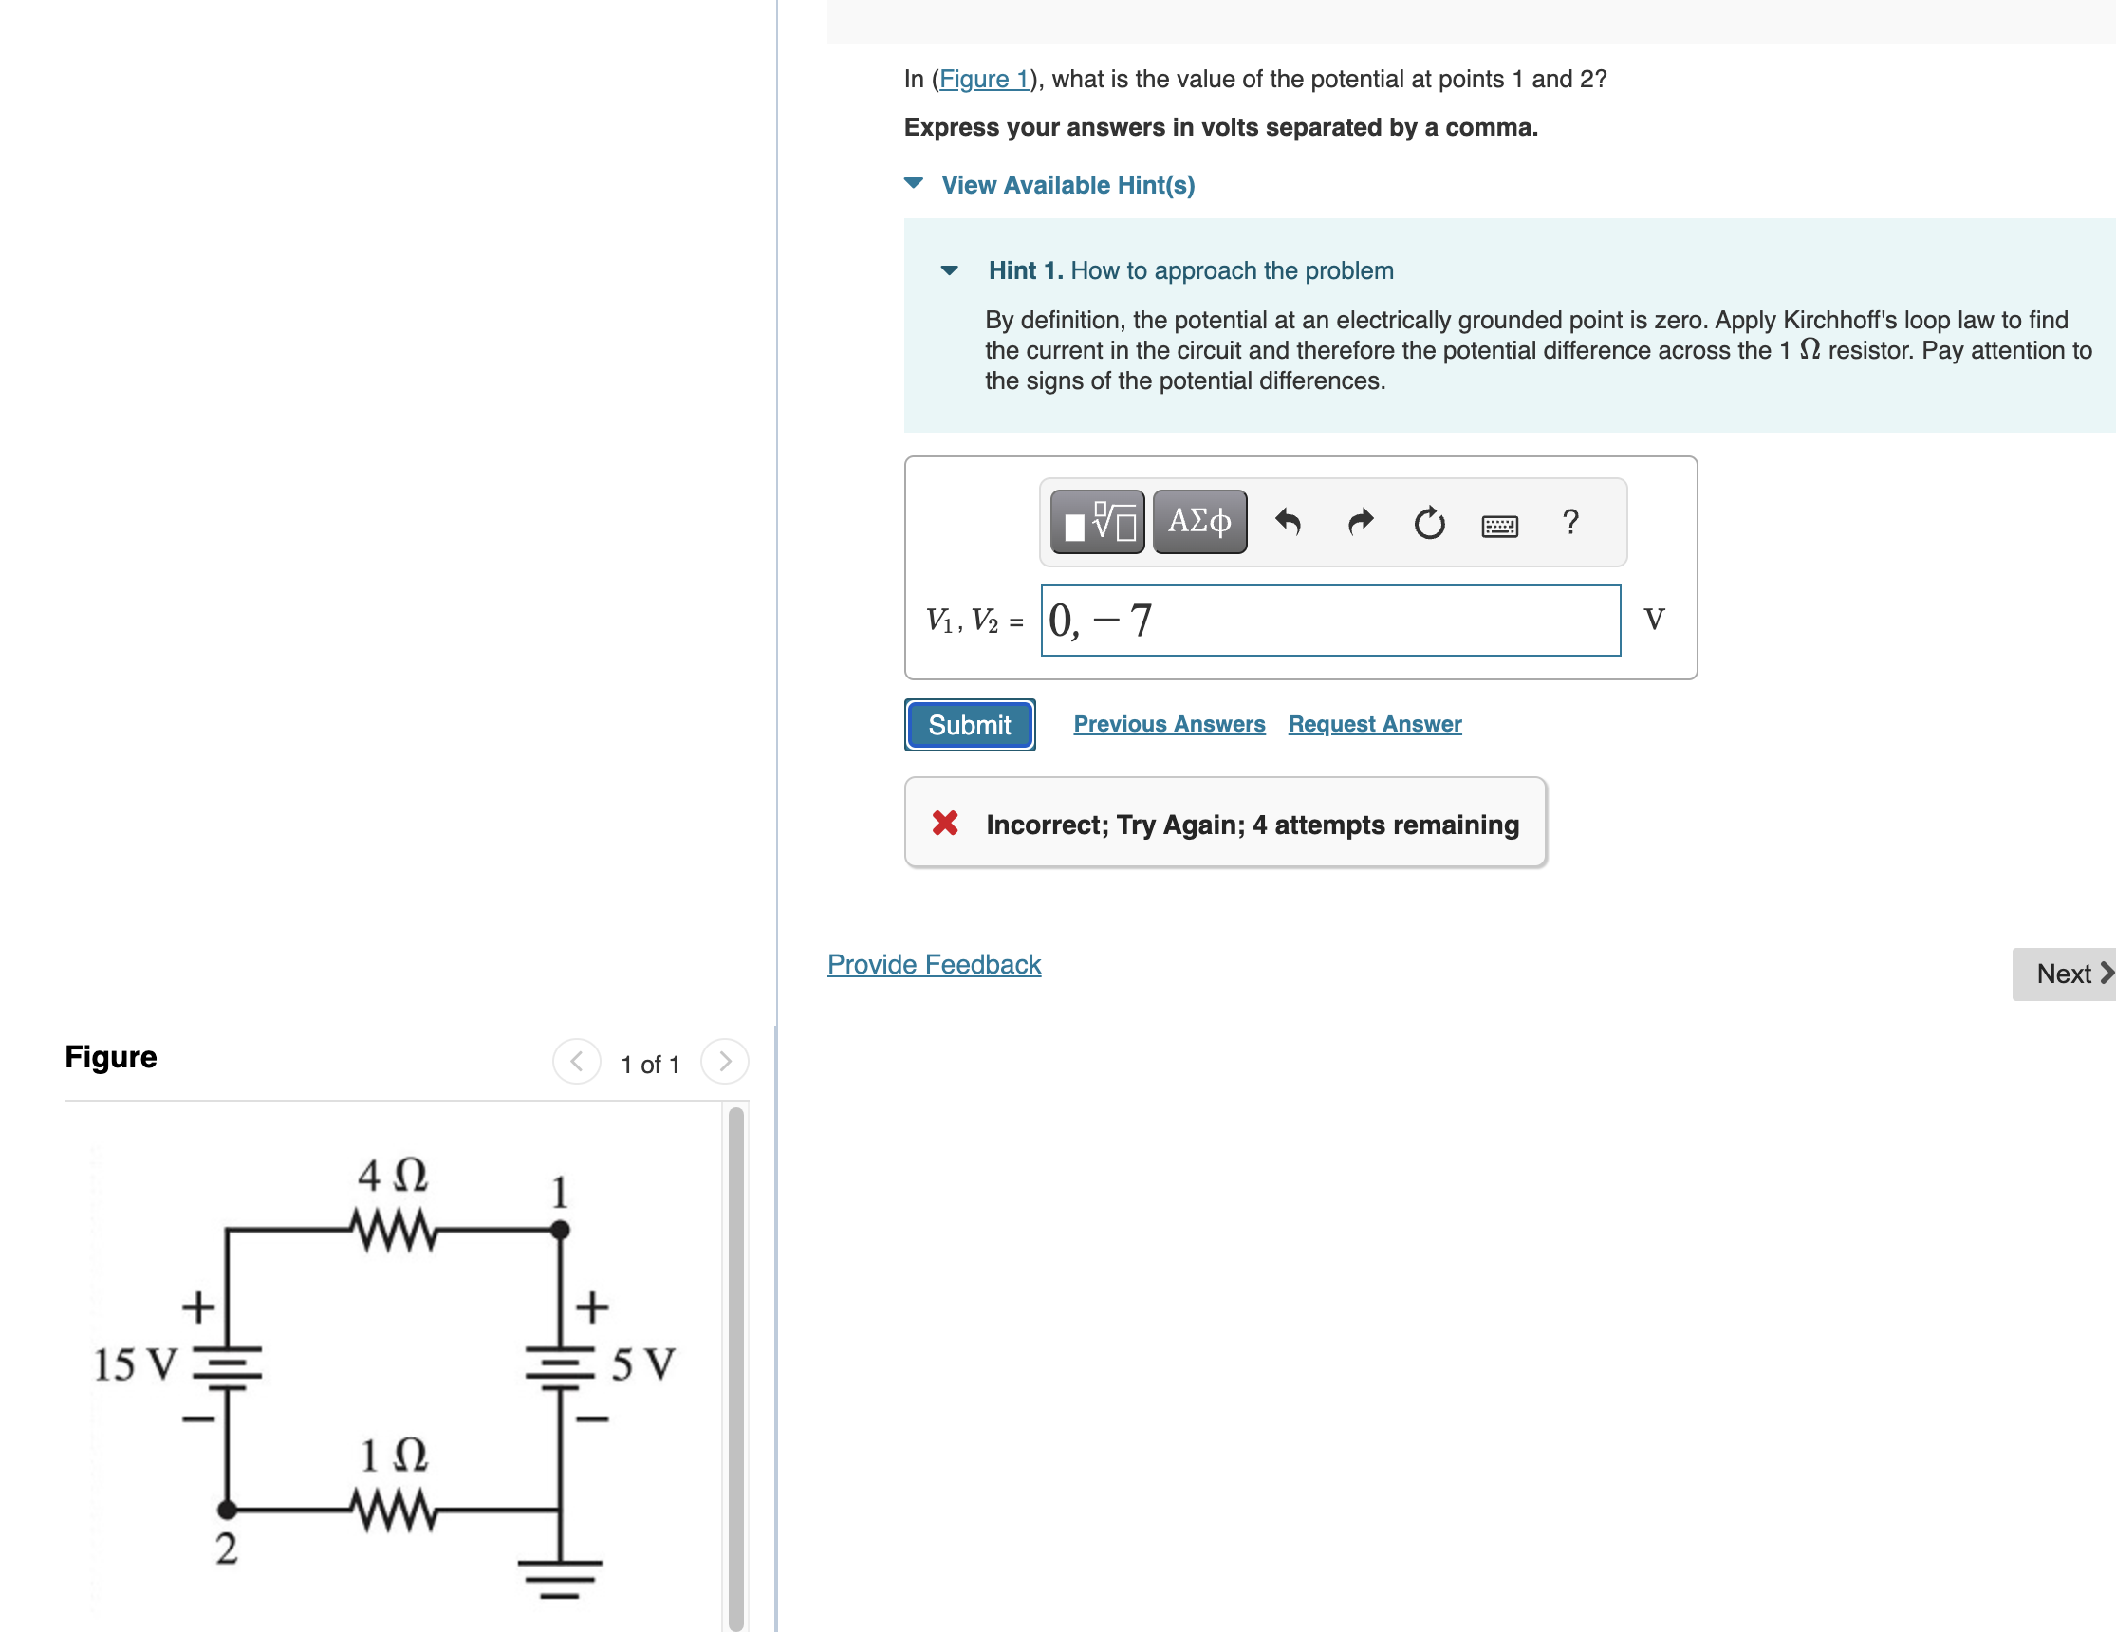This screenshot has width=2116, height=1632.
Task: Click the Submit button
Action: pyautogui.click(x=969, y=725)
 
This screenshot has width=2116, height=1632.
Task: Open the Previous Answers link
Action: pyautogui.click(x=1168, y=724)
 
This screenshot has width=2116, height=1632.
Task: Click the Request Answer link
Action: pyautogui.click(x=1374, y=724)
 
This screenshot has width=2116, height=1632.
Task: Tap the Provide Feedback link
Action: pyautogui.click(x=933, y=964)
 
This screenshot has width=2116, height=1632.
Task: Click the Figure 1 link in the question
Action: pyautogui.click(x=983, y=79)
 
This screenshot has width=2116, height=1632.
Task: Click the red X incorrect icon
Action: pyautogui.click(x=945, y=824)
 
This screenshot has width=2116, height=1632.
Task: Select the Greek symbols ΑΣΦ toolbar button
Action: pyautogui.click(x=1199, y=521)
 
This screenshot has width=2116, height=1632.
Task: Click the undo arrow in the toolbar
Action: pyautogui.click(x=1288, y=522)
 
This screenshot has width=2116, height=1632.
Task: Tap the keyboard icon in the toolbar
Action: pyautogui.click(x=1499, y=526)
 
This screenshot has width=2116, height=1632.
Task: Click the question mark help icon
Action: pyautogui.click(x=1569, y=522)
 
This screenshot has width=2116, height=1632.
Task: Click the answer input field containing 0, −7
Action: pyautogui.click(x=1329, y=620)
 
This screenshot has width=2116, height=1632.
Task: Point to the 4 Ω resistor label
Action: pyautogui.click(x=393, y=1175)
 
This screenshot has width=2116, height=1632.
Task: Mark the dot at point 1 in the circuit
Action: pyautogui.click(x=560, y=1230)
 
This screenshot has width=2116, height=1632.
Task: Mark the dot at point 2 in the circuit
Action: pyautogui.click(x=227, y=1509)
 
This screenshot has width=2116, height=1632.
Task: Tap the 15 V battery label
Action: pyautogui.click(x=135, y=1364)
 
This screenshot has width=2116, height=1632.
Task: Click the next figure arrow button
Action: pyautogui.click(x=724, y=1062)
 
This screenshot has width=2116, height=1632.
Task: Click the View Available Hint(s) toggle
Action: pyautogui.click(x=1066, y=184)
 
